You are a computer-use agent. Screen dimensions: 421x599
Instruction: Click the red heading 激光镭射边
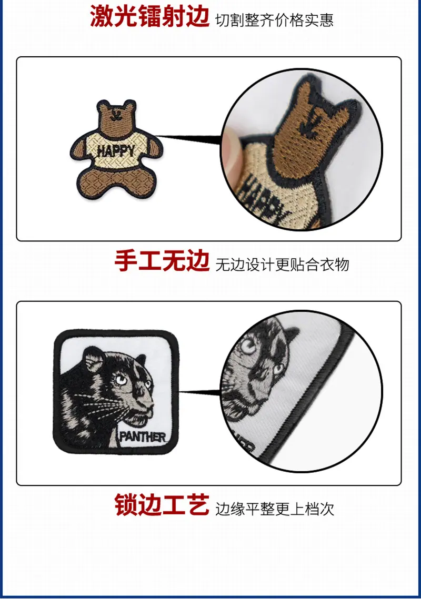(x=149, y=16)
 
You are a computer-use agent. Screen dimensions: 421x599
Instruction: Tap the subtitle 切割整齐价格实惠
(x=275, y=20)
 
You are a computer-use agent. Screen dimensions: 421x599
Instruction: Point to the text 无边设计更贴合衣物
(x=282, y=265)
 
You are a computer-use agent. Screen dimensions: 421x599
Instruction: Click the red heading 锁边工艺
(x=162, y=505)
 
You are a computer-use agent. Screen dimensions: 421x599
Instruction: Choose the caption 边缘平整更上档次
(x=275, y=509)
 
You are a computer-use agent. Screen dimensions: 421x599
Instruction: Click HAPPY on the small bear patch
(x=116, y=151)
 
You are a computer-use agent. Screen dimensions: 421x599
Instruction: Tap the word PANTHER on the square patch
(x=143, y=437)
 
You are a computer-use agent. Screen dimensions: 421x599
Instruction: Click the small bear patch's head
(x=117, y=116)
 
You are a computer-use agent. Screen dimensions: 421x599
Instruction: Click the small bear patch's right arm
(x=155, y=147)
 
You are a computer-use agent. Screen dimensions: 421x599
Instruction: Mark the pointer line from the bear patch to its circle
(x=189, y=138)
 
